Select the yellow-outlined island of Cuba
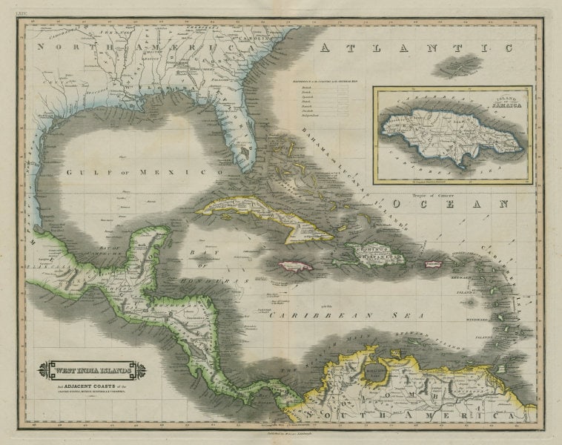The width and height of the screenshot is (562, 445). tap(267, 217)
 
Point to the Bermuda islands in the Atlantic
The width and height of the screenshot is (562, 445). tap(460, 66)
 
